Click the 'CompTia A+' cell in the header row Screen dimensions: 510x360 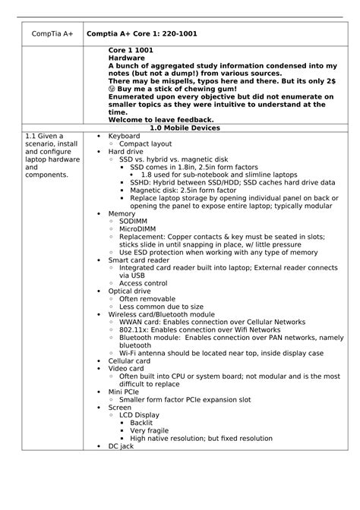(x=48, y=35)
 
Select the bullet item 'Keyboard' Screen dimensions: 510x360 (x=124, y=136)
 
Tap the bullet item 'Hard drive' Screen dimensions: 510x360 (x=126, y=152)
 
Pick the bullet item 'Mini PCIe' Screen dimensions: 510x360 (x=125, y=392)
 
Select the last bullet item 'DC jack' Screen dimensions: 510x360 (x=121, y=446)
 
